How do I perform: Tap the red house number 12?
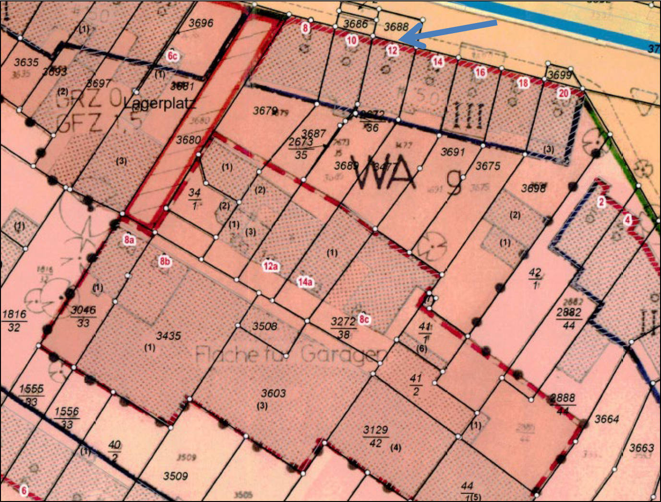(x=393, y=50)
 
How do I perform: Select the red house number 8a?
(x=129, y=240)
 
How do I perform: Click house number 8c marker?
(x=365, y=319)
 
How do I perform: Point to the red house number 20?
(x=564, y=93)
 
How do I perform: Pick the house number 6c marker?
(x=172, y=56)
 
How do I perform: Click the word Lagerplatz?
(x=159, y=103)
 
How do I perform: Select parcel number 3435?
(x=168, y=336)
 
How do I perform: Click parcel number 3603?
(x=273, y=393)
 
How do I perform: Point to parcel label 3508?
(x=264, y=326)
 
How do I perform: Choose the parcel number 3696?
(x=201, y=23)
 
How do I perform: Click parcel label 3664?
(x=607, y=419)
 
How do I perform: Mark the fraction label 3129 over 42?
(x=375, y=436)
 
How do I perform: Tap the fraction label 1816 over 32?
(x=14, y=320)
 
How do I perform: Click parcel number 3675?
(x=488, y=166)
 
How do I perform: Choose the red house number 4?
(x=627, y=220)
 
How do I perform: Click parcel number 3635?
(x=26, y=62)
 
